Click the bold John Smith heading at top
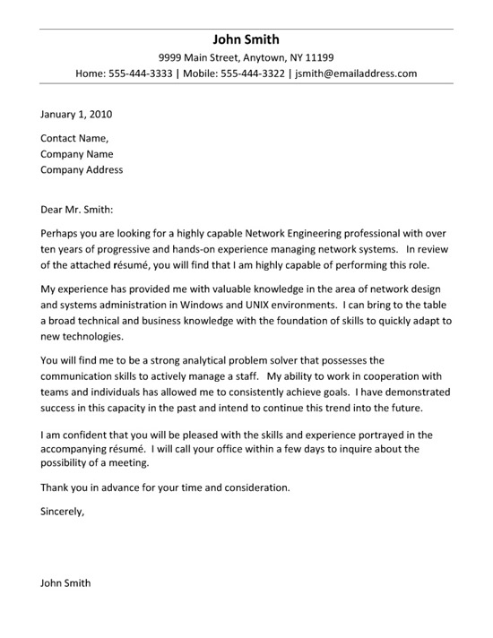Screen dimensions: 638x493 246,39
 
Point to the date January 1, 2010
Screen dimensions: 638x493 76,115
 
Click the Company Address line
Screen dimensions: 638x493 82,169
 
